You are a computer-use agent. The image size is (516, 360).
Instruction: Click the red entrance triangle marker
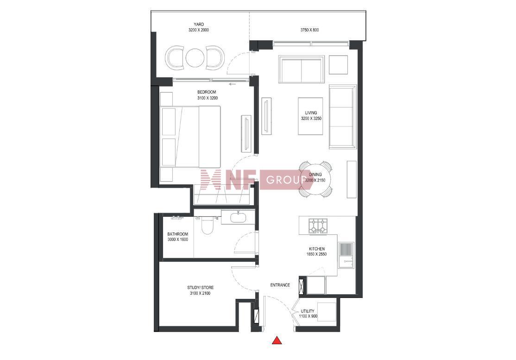click(x=277, y=340)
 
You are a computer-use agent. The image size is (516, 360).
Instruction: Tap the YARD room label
click(x=199, y=25)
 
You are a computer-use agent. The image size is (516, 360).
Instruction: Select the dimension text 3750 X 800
click(x=309, y=30)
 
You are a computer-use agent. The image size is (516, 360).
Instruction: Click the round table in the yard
click(x=195, y=58)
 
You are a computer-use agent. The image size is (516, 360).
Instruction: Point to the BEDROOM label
click(x=207, y=92)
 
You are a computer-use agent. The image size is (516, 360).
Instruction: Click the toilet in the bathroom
click(x=208, y=225)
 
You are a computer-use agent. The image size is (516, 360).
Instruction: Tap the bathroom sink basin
click(x=238, y=218)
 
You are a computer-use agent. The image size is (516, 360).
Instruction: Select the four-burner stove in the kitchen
click(x=318, y=225)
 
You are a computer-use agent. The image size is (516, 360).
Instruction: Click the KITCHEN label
click(x=316, y=249)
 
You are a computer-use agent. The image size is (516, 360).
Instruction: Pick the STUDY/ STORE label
click(x=201, y=288)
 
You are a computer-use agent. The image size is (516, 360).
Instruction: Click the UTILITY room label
click(x=308, y=311)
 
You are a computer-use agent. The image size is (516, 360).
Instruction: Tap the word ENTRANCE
click(x=280, y=285)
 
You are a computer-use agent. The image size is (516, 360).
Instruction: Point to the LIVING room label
click(x=311, y=113)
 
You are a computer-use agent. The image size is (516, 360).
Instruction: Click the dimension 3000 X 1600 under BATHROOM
click(x=178, y=240)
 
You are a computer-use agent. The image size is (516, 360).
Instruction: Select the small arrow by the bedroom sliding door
click(x=233, y=84)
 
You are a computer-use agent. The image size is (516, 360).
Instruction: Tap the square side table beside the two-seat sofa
click(x=338, y=65)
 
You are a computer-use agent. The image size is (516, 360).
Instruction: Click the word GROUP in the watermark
click(x=286, y=180)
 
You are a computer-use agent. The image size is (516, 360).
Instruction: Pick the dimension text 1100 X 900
click(x=308, y=316)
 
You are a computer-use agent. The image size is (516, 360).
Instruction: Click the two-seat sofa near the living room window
click(x=302, y=69)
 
